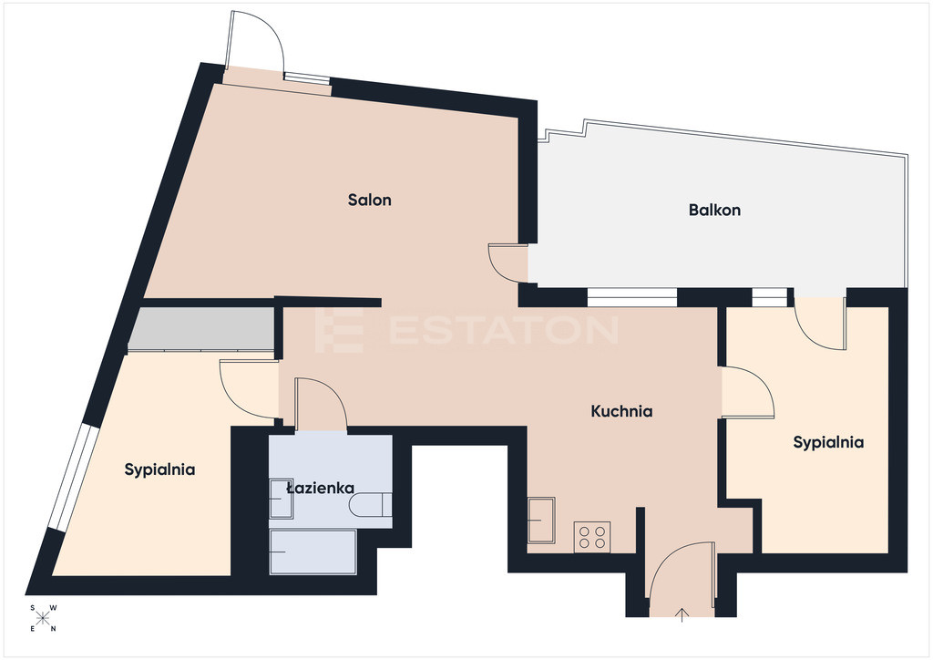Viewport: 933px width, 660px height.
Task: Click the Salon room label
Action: [370, 200]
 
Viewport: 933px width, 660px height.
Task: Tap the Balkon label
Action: [714, 210]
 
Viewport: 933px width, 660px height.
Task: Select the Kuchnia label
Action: [621, 411]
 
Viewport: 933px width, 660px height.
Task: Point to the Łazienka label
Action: [320, 489]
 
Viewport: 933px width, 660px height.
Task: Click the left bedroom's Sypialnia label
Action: [159, 469]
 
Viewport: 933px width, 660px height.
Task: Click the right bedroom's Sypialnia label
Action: [828, 442]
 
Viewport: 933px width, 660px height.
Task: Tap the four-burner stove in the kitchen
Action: [592, 536]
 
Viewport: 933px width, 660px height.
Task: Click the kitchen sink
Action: [541, 521]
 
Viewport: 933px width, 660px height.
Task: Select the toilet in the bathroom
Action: [370, 506]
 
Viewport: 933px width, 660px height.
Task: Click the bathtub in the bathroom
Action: [313, 552]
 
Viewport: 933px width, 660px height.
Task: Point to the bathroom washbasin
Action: [281, 498]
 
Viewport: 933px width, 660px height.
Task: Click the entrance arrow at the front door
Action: [682, 614]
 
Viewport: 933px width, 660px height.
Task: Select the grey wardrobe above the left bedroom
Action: [201, 329]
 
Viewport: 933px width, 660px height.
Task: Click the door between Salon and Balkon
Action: [508, 263]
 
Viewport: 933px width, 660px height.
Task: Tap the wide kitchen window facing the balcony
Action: [632, 297]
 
